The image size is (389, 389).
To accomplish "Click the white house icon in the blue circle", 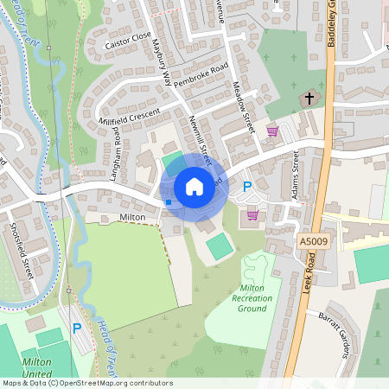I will pyautogui.click(x=194, y=186).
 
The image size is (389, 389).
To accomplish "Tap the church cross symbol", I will pyautogui.click(x=309, y=99).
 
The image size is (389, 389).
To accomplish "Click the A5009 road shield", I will pyautogui.click(x=311, y=243).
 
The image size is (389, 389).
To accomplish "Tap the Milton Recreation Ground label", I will pyautogui.click(x=252, y=298).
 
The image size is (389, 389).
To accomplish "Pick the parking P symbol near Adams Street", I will pyautogui.click(x=246, y=186).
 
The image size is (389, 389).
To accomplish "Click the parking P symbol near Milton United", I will pyautogui.click(x=76, y=328).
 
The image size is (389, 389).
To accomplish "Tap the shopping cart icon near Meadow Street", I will pyautogui.click(x=272, y=131).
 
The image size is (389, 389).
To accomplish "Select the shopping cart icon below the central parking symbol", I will pyautogui.click(x=252, y=214).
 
